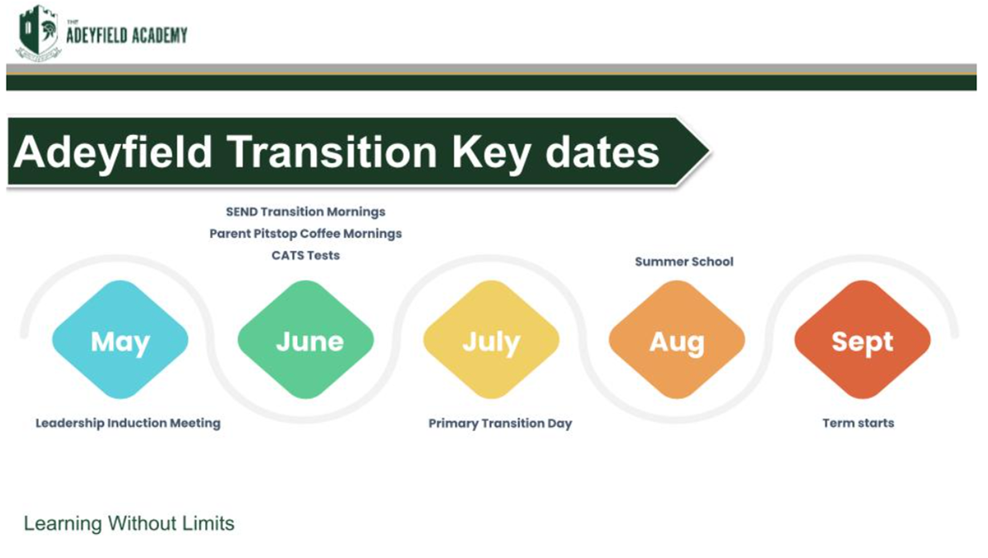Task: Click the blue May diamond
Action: coord(119,339)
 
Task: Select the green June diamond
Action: coord(305,339)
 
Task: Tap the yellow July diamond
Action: coord(491,339)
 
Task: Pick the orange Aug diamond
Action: coord(677,339)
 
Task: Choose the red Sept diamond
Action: coord(863,339)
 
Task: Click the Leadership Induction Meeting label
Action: coord(128,423)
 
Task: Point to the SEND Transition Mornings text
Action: coord(305,211)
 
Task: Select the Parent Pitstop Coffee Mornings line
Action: coord(305,234)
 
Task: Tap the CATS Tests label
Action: coord(305,255)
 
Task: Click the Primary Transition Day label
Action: coord(500,423)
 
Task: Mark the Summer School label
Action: coord(684,261)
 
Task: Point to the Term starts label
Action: coord(859,423)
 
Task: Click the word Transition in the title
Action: coord(332,152)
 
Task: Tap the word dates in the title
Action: coord(602,152)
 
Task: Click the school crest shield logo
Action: coord(38,32)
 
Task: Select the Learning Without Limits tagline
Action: coord(129,523)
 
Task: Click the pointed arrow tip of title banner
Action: coord(709,151)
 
